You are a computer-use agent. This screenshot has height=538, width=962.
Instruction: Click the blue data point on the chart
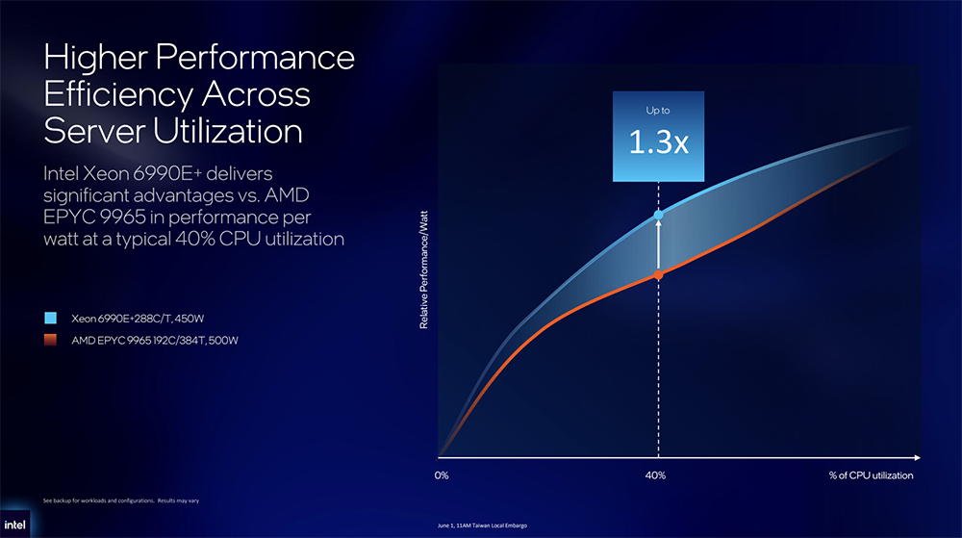tap(658, 216)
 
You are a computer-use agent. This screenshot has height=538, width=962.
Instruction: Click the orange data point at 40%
tap(658, 275)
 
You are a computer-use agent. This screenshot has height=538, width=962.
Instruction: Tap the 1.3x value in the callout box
tap(658, 142)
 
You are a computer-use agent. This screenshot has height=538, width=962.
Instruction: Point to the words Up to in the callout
tap(658, 111)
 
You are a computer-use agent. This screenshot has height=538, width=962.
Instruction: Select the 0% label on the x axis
tap(442, 475)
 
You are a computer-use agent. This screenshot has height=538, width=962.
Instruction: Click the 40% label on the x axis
tap(655, 475)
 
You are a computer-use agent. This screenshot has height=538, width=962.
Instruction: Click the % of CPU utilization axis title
tap(871, 475)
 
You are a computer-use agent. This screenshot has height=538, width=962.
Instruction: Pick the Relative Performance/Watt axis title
tap(423, 269)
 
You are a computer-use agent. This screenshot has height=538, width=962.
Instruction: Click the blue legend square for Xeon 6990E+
tap(50, 318)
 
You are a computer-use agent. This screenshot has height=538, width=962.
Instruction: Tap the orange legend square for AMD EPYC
tap(50, 339)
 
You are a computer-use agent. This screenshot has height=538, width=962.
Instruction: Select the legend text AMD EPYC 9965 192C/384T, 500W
tap(155, 341)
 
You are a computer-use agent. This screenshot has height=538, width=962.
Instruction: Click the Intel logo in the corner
tap(14, 525)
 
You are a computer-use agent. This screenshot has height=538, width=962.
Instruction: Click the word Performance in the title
tap(255, 57)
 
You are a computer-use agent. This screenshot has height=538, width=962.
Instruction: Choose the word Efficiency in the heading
tap(116, 94)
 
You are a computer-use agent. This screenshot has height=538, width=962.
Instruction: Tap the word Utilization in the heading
tap(228, 131)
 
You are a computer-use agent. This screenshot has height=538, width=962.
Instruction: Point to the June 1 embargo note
tap(482, 525)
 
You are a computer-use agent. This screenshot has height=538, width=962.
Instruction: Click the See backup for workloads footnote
tap(121, 500)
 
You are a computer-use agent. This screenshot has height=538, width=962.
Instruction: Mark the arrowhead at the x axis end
tap(917, 458)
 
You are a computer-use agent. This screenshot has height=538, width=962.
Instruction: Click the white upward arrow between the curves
tap(658, 245)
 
